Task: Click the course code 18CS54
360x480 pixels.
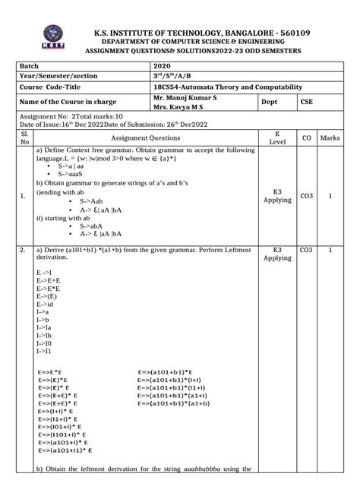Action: (x=169, y=88)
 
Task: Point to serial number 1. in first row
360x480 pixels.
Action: (x=23, y=196)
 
